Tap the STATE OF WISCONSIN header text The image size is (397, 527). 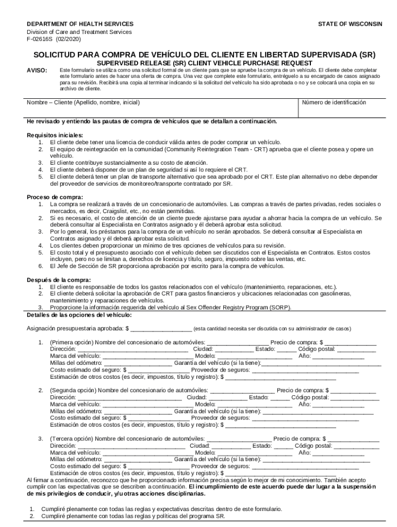350,24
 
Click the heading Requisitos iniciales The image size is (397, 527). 54,135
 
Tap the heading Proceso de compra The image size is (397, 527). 54,197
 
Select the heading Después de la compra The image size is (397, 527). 59,280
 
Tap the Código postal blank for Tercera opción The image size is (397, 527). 356,446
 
